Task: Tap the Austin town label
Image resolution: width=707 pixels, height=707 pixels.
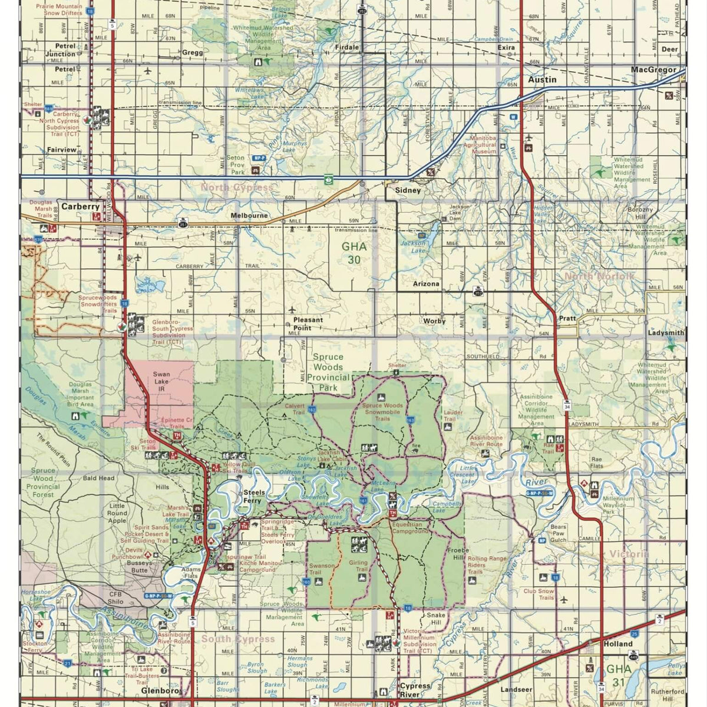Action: click(x=541, y=80)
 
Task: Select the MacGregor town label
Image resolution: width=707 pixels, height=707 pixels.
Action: click(x=653, y=70)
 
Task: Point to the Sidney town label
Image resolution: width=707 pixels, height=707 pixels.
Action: click(x=408, y=190)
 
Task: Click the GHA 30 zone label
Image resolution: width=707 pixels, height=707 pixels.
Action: click(x=353, y=253)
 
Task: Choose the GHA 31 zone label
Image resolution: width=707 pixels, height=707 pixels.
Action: click(x=619, y=675)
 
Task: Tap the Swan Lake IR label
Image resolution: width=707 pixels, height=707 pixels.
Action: click(x=161, y=381)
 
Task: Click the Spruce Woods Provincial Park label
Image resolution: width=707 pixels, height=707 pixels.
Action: click(x=328, y=372)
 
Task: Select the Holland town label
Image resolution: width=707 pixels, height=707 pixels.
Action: click(x=617, y=644)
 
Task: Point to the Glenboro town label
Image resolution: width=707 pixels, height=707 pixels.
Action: click(x=159, y=691)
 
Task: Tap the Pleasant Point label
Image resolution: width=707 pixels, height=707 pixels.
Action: click(x=308, y=323)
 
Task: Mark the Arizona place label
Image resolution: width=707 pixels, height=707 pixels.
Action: click(x=425, y=283)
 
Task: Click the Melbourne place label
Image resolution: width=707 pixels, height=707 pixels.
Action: click(x=249, y=216)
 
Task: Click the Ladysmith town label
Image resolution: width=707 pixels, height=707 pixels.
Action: click(x=666, y=333)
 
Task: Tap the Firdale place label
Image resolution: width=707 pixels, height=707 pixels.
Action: click(x=346, y=47)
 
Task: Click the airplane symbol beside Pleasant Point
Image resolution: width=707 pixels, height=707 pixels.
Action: click(x=292, y=310)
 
